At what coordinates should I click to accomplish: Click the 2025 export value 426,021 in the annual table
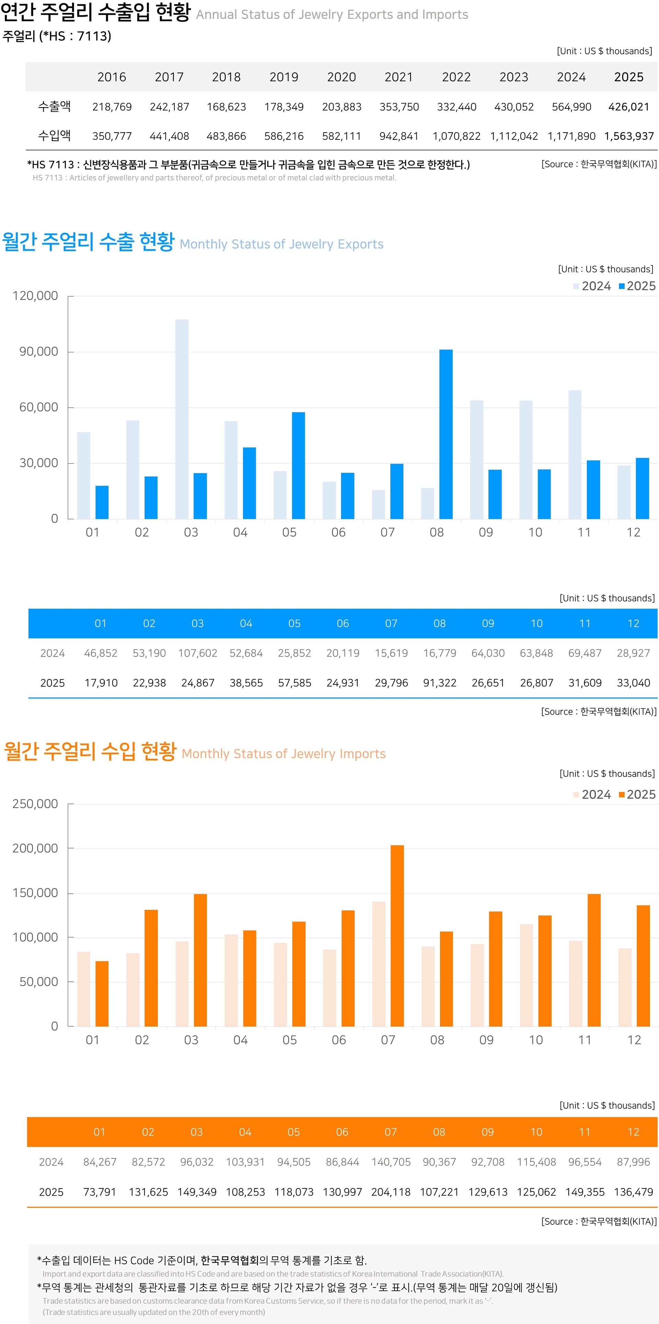coord(629,107)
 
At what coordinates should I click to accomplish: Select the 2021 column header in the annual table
coord(398,77)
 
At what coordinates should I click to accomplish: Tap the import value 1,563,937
coord(629,136)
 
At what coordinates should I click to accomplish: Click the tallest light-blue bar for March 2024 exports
coord(182,419)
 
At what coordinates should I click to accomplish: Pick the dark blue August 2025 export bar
coord(446,434)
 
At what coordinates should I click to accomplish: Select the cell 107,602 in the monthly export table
coord(198,653)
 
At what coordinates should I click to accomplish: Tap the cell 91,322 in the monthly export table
coord(440,683)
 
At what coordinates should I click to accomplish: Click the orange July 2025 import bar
coord(397,935)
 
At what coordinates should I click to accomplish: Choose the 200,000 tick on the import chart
coord(35,848)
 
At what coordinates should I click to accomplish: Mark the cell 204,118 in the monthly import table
coord(391,1192)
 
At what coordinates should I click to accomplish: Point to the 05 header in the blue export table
coord(294,624)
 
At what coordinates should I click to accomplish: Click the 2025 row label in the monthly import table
coord(51,1192)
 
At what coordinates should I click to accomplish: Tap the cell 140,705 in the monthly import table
coord(391,1162)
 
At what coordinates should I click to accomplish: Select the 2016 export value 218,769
coord(112,107)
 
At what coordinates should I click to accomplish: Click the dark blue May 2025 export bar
coord(298,466)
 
